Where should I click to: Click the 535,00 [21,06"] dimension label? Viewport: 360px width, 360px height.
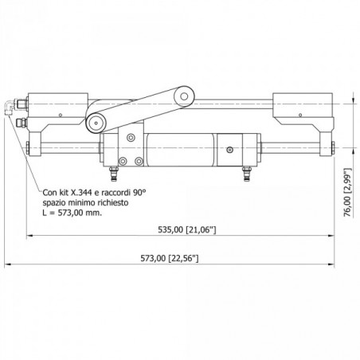187,229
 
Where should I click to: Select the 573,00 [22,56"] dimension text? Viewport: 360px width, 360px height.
170,258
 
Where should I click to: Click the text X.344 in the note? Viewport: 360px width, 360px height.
80,192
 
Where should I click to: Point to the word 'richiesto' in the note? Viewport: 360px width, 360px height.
113,203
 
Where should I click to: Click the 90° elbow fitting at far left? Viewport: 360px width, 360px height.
10,107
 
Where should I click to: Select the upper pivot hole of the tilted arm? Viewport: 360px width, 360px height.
184,96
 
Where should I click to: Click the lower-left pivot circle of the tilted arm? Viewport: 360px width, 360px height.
96,123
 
